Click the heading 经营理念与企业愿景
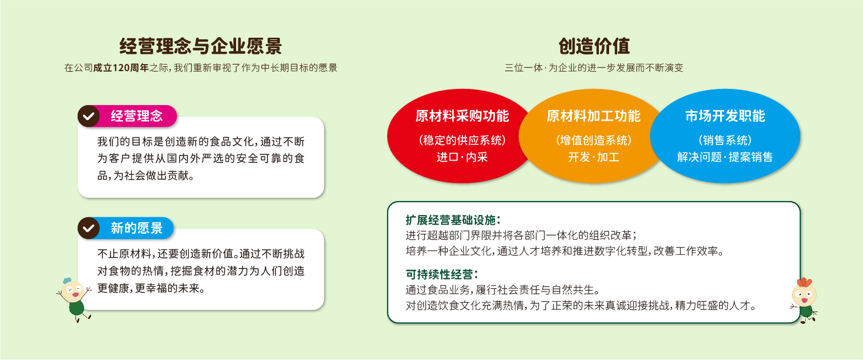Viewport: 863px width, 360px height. click(x=201, y=46)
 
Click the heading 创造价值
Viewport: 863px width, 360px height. click(x=594, y=46)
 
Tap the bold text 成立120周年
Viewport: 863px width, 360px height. click(x=121, y=68)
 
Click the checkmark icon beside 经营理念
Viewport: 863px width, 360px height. click(x=88, y=116)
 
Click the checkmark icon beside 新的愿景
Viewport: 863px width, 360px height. click(x=88, y=228)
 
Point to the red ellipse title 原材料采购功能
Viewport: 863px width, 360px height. click(x=462, y=116)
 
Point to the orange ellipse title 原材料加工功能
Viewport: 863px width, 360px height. click(x=593, y=116)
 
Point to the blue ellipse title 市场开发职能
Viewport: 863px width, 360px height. click(x=725, y=116)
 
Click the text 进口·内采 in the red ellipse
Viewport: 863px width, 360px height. click(x=462, y=157)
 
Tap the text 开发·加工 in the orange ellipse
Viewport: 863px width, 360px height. click(x=593, y=157)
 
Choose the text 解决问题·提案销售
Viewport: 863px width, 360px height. click(x=725, y=157)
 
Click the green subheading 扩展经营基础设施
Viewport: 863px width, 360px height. click(x=453, y=220)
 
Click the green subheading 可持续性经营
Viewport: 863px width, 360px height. click(x=442, y=274)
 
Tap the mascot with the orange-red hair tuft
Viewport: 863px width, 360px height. click(x=804, y=300)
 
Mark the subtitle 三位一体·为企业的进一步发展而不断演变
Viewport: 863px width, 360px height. click(x=594, y=68)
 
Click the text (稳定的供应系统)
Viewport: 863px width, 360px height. click(x=462, y=140)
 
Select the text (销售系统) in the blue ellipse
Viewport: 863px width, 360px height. click(x=725, y=140)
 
